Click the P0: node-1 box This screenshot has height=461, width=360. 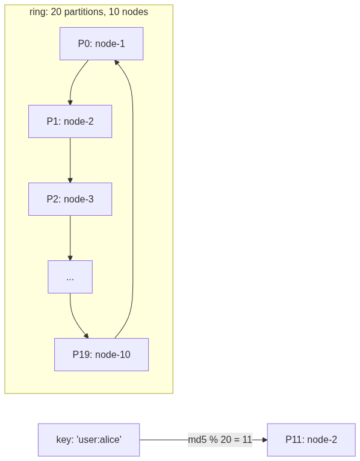coord(101,43)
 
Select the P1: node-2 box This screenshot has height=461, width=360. coord(70,121)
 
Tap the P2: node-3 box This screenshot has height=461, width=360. coord(70,199)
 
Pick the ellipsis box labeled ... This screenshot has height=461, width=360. coord(70,277)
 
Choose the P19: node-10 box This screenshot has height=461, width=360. coord(101,354)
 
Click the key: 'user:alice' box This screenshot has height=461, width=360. coord(88,440)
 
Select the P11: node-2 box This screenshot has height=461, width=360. coord(311,440)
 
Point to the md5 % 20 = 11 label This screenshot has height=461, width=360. coord(220,440)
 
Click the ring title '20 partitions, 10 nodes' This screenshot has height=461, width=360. coord(88,12)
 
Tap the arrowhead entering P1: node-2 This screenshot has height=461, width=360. coord(70,102)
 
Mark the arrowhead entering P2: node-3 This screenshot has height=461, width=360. coord(70,180)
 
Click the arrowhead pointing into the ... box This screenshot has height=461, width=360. coord(70,258)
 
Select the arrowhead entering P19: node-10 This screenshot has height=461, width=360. coord(86,336)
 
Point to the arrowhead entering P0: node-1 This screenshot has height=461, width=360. coord(117,63)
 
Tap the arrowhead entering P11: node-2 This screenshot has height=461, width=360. coord(264,440)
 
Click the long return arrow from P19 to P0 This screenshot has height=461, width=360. coord(132,199)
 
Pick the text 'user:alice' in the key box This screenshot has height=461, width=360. coord(99,440)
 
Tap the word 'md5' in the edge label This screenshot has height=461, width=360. coord(197,440)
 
